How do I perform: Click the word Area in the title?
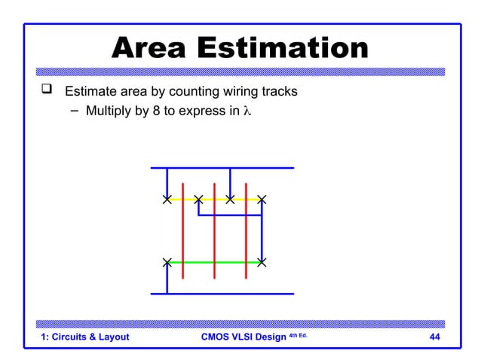tap(155, 49)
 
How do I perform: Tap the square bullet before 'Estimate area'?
tap(47, 92)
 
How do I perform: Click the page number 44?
tap(434, 337)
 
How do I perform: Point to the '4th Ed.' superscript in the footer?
tap(297, 334)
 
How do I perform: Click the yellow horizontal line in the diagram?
tap(213, 200)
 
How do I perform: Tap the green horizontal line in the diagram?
tap(213, 262)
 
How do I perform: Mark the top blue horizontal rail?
tap(222, 168)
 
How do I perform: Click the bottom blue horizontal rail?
tap(222, 294)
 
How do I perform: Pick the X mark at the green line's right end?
tap(262, 262)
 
